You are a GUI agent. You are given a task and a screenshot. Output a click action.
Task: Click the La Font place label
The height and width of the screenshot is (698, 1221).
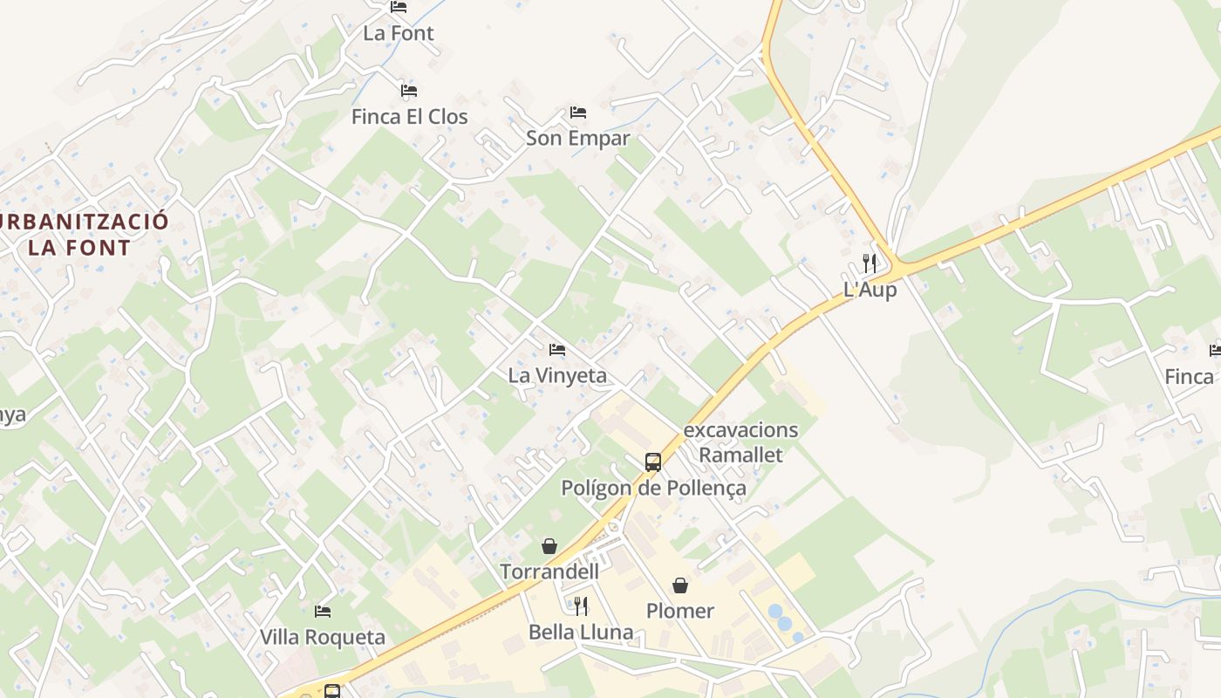coord(399,33)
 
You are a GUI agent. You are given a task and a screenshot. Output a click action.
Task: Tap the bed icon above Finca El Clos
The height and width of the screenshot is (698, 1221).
coord(409,91)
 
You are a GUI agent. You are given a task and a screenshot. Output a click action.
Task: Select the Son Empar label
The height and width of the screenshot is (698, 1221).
coord(577,138)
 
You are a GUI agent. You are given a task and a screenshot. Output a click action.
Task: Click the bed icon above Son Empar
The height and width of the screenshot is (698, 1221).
coord(577,113)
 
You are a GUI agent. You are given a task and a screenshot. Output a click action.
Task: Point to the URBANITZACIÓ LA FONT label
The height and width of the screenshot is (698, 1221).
coord(80,234)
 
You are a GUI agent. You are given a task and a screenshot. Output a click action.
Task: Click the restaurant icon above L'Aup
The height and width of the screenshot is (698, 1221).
coord(870,263)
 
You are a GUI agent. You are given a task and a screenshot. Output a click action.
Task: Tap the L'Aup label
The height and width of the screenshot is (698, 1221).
coord(870,290)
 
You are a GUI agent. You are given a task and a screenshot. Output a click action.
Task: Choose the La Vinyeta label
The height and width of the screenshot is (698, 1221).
coord(557,375)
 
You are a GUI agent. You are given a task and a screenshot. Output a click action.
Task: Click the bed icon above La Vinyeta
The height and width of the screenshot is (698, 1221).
coord(557,350)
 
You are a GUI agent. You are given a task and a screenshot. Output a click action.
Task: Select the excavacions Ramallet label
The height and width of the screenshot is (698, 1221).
coord(740,442)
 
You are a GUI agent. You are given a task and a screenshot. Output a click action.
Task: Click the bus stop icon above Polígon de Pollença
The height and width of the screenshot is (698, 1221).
coord(653,462)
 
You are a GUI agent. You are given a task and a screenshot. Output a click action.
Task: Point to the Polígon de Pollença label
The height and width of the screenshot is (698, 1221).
coord(653,488)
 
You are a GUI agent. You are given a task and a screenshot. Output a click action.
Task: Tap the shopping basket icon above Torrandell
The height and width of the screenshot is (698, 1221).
coord(549,546)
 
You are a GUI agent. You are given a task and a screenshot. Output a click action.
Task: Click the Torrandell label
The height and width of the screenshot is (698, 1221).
coord(549,571)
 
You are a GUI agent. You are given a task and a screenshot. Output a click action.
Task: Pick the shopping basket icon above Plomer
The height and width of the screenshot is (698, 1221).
coord(680,585)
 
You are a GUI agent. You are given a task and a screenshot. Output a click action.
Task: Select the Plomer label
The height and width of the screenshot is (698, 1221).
coord(680,611)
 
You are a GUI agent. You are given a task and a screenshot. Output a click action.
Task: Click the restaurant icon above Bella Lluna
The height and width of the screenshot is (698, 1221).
coord(581,606)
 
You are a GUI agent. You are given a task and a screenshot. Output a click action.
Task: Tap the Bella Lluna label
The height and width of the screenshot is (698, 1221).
coord(581,632)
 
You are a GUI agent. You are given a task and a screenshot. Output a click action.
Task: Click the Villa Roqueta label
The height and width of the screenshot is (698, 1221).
coord(323,637)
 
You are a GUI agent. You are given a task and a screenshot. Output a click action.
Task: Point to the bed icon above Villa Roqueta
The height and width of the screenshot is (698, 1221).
coord(323,612)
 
